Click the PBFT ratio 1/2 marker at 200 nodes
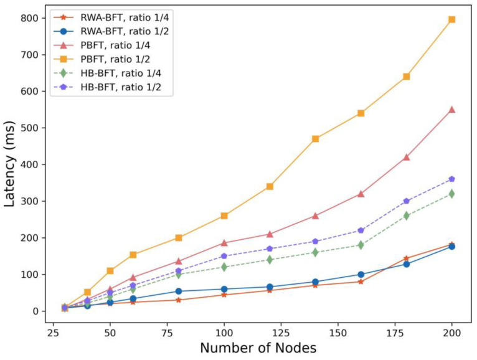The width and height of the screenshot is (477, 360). [x=451, y=19]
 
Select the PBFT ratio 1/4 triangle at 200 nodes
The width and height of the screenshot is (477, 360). [x=451, y=110]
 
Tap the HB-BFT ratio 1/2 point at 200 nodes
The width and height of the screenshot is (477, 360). [x=451, y=179]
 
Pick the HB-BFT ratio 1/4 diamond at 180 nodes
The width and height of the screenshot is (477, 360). [x=406, y=216]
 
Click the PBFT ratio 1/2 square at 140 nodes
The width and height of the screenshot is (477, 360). [x=316, y=139]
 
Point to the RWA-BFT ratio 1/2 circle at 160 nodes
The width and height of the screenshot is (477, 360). [x=361, y=275]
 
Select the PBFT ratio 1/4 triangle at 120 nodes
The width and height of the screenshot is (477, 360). [x=270, y=234]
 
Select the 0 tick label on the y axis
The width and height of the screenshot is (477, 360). [x=35, y=311]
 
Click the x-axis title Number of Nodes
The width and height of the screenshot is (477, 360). [x=255, y=346]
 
